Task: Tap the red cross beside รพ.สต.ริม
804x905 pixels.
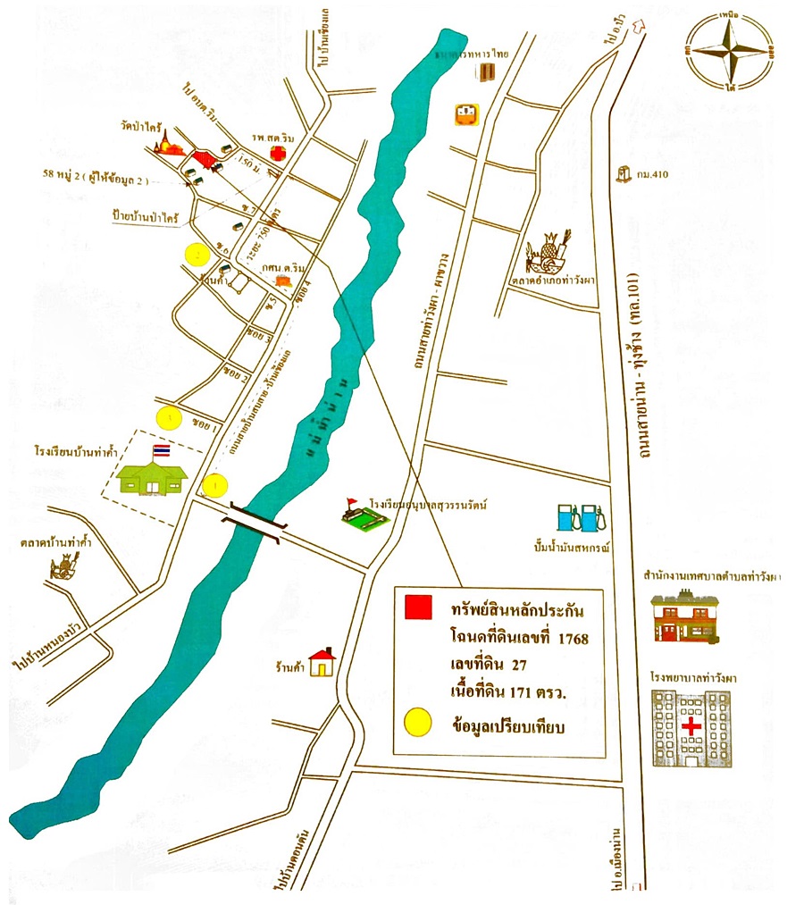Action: [x=279, y=155]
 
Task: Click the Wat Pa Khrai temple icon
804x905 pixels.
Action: [x=168, y=143]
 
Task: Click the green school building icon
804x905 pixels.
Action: [x=152, y=478]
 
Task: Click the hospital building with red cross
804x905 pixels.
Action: [x=691, y=728]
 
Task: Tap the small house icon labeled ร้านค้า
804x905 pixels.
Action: [x=322, y=663]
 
